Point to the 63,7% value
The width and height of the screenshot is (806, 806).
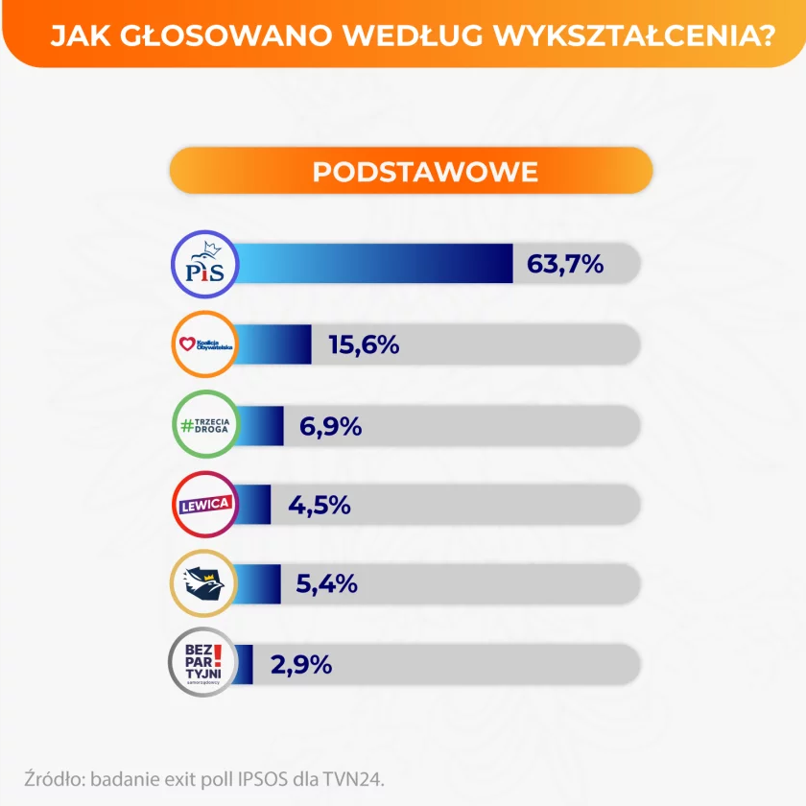[565, 264]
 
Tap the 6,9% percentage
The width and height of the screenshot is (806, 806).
[330, 424]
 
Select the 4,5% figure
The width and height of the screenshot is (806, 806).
[320, 504]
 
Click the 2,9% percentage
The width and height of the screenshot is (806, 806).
[301, 663]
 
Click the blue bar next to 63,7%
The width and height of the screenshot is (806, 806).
[374, 264]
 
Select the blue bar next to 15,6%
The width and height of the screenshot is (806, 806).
[273, 344]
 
